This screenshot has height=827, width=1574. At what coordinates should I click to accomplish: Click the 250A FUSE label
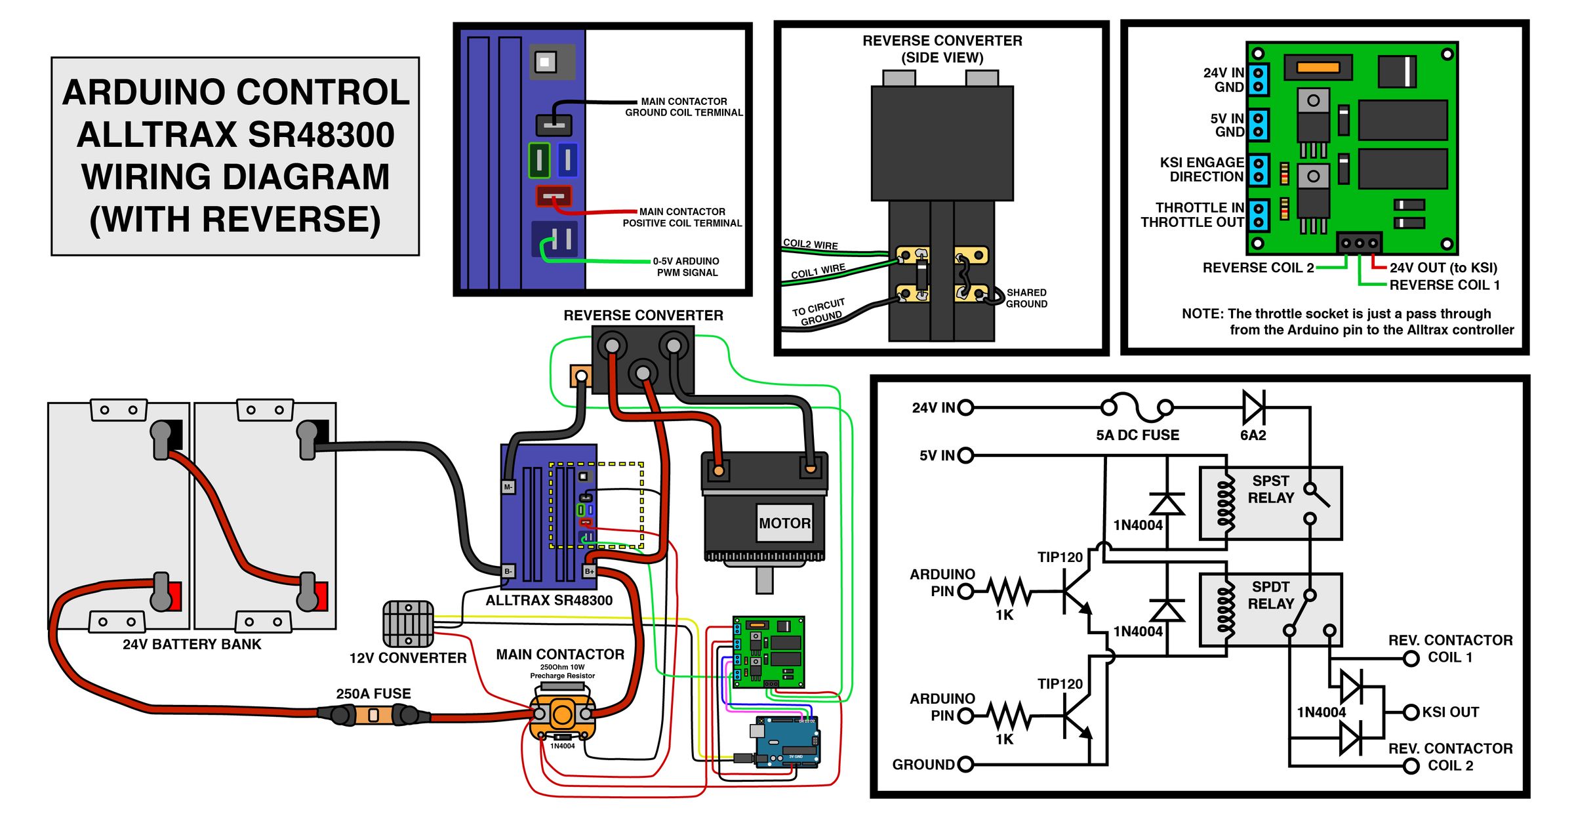[373, 693]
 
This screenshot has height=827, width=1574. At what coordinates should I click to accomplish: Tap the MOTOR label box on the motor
[784, 523]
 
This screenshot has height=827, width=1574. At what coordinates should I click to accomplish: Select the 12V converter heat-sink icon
[408, 624]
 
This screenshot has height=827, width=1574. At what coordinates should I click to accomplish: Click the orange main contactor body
[563, 714]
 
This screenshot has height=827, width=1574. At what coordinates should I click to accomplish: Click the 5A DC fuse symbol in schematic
[1137, 408]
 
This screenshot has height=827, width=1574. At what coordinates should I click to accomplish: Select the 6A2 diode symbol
[1253, 408]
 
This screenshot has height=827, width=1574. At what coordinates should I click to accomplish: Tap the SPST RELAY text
[1270, 489]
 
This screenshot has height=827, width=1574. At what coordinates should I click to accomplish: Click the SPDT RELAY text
[1270, 595]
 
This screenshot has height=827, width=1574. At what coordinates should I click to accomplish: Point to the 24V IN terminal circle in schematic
[965, 408]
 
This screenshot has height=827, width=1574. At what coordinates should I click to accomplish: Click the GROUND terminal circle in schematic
[965, 765]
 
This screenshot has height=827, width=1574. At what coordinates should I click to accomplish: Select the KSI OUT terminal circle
[1411, 712]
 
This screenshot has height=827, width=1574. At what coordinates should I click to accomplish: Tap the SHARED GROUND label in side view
[1026, 298]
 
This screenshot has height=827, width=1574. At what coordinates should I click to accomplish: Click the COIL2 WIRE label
[811, 244]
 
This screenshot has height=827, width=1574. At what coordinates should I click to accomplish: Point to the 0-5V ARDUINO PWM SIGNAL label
[686, 267]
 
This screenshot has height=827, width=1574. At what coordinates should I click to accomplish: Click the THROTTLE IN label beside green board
[1200, 208]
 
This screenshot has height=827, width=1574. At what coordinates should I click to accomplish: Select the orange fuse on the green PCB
[1318, 67]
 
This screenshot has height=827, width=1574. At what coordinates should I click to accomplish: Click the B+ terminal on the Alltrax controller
[590, 571]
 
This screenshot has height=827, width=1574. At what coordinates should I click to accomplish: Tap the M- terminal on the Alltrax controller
[508, 487]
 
